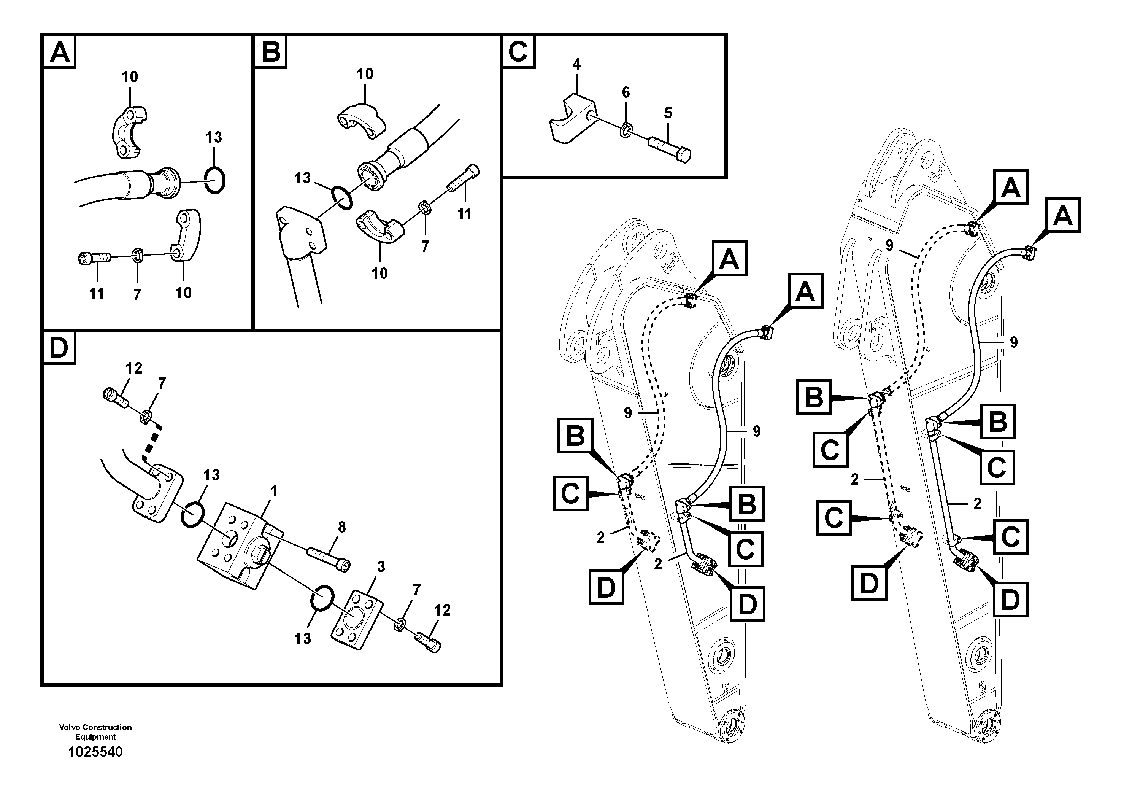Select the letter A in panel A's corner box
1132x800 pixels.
(60, 51)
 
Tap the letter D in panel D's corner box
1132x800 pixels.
(59, 348)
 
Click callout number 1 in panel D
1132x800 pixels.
(274, 491)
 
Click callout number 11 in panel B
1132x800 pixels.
(464, 214)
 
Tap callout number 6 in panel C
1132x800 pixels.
(626, 92)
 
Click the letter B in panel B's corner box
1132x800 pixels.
(271, 51)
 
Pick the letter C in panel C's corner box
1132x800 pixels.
(518, 51)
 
